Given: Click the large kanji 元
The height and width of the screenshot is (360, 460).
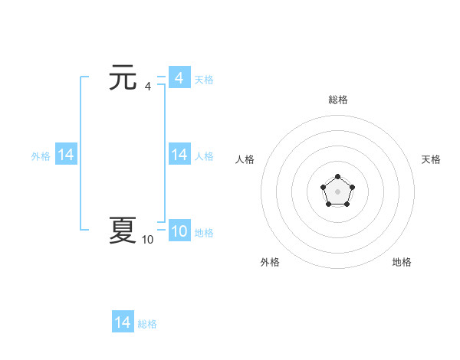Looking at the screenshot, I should pyautogui.click(x=123, y=77).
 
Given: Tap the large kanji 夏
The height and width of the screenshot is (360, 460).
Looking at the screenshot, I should pyautogui.click(x=123, y=230).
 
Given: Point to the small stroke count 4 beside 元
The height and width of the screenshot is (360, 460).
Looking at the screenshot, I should pyautogui.click(x=147, y=87).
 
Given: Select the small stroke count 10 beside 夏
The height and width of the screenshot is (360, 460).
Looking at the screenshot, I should pyautogui.click(x=147, y=240).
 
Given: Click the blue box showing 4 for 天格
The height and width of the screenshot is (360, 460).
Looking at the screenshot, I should pyautogui.click(x=179, y=78).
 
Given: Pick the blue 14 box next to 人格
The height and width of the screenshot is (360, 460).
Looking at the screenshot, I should pyautogui.click(x=179, y=155).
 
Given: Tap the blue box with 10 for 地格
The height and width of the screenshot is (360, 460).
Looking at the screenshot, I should pyautogui.click(x=179, y=231).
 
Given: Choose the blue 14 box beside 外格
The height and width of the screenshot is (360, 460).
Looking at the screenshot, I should pyautogui.click(x=66, y=155).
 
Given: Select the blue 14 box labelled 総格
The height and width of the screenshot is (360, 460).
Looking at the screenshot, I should pyautogui.click(x=123, y=322).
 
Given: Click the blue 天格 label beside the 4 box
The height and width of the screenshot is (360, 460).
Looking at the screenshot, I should pyautogui.click(x=204, y=80).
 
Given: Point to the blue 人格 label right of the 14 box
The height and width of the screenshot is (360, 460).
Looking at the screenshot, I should pyautogui.click(x=204, y=156).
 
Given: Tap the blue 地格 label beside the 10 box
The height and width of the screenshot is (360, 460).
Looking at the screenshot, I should pyautogui.click(x=204, y=233).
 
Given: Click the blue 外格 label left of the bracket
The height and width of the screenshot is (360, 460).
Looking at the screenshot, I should pyautogui.click(x=41, y=156).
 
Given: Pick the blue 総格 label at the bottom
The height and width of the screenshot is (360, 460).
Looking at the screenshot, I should pyautogui.click(x=147, y=324).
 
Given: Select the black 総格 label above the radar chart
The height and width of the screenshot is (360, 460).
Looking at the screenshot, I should pyautogui.click(x=338, y=100).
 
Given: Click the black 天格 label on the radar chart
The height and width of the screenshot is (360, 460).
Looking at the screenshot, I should pyautogui.click(x=431, y=159).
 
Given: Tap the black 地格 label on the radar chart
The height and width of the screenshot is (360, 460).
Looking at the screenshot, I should pyautogui.click(x=402, y=262).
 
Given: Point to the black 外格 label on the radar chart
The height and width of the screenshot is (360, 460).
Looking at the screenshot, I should pyautogui.click(x=270, y=262).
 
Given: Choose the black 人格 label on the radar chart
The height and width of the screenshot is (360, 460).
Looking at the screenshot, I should pyautogui.click(x=245, y=159).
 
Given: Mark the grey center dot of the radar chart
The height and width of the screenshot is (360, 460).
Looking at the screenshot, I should pyautogui.click(x=337, y=191).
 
